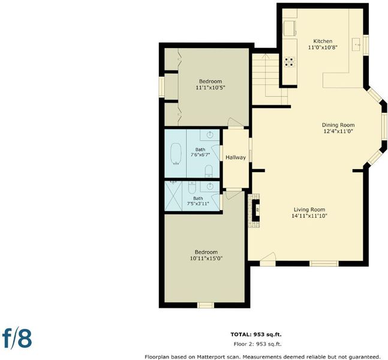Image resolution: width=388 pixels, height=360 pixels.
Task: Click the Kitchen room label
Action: pos(323,41)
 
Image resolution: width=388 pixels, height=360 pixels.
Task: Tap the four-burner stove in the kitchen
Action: pos(290,62)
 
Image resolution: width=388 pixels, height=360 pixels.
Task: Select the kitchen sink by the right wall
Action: pos(357,44)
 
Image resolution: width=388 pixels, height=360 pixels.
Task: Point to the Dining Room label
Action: pos(338,125)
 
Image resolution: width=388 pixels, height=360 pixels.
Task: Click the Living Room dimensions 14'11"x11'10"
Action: pos(309,216)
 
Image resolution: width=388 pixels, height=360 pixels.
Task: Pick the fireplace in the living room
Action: pos(255,210)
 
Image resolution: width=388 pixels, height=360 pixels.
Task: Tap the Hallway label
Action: pos(236,157)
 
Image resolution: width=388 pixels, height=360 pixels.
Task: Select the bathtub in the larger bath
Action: pos(176,154)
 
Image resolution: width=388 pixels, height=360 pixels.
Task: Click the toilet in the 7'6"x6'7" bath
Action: pos(209,171)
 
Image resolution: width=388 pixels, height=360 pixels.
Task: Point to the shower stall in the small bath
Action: pos(173,196)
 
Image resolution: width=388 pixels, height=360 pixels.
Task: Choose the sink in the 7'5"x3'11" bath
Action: pos(210,186)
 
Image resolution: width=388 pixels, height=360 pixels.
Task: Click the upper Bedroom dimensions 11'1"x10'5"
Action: pos(210,88)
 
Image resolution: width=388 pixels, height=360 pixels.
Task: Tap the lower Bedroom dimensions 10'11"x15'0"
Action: pos(206,259)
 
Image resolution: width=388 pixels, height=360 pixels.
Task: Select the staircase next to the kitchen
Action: pos(270,79)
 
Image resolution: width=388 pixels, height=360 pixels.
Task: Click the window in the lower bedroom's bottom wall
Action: pos(206,305)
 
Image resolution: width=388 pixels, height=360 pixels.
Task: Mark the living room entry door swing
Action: pos(268,259)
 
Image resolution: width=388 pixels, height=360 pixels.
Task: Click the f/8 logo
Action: pos(17,339)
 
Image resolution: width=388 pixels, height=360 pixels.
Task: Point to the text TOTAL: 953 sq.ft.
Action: pos(256,334)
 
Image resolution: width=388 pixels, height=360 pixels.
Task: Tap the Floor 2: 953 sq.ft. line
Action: pos(258,344)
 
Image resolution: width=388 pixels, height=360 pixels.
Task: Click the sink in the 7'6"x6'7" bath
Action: pos(210,135)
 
